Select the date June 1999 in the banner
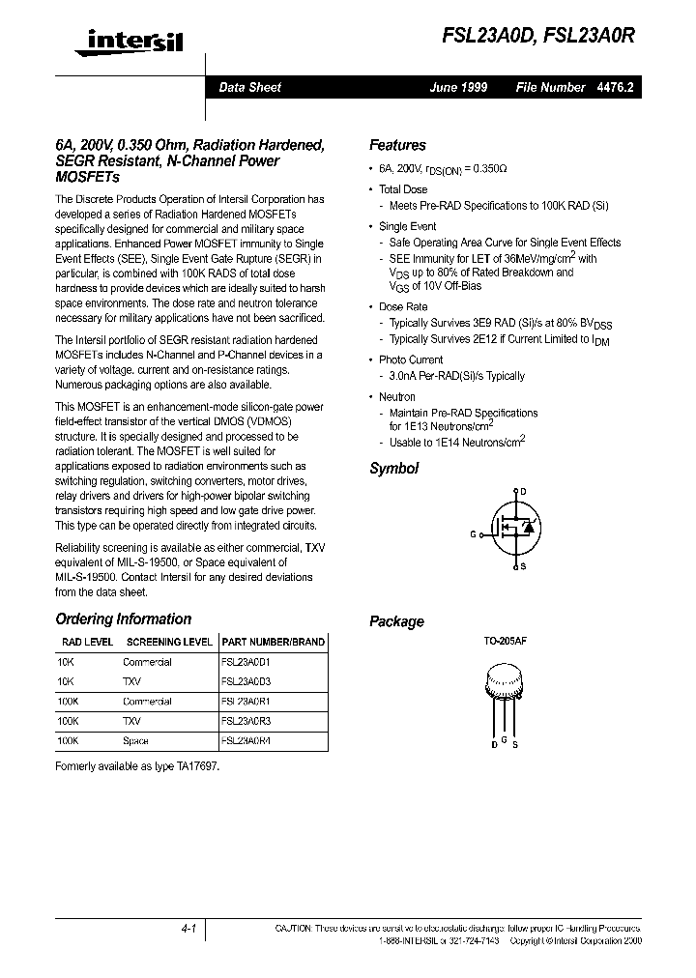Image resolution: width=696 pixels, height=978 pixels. click(458, 87)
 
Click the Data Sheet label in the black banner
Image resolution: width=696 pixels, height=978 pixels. click(249, 87)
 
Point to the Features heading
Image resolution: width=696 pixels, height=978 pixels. click(397, 145)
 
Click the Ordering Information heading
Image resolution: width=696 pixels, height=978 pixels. click(124, 619)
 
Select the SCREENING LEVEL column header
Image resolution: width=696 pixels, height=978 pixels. click(169, 642)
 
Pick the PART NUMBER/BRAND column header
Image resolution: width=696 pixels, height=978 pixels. click(274, 642)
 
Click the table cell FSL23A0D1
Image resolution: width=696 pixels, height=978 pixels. click(246, 662)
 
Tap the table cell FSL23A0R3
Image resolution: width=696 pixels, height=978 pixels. click(246, 721)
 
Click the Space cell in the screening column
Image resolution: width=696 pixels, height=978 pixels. click(135, 740)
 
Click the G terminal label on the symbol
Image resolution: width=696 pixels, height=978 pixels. click(474, 533)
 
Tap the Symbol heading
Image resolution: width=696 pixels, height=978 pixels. click(393, 469)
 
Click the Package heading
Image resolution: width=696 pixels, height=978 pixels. click(396, 621)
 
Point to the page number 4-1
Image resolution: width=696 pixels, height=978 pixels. click(188, 929)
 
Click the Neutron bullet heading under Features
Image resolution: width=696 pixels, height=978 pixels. click(396, 396)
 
